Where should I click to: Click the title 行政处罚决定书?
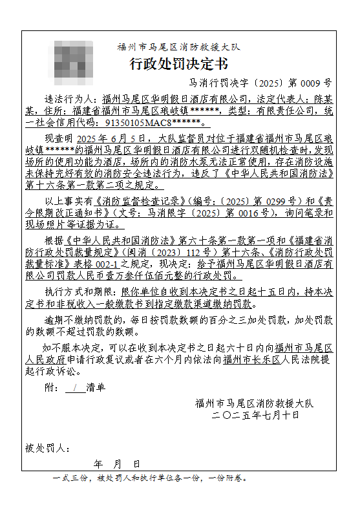pos(178,64)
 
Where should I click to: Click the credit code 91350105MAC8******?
pos(154,122)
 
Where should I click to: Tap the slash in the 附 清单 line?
pos(75,388)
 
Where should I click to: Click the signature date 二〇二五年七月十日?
pos(255,415)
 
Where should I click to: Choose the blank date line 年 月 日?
pos(116,465)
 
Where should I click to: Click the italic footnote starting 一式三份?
pos(149,479)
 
